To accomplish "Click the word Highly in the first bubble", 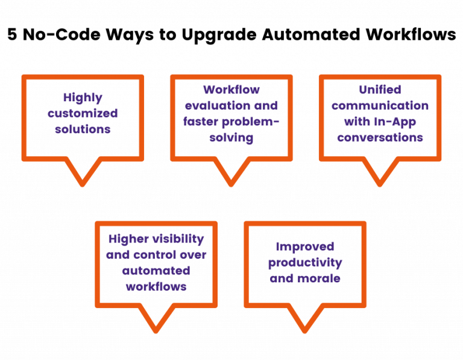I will tap(83, 97).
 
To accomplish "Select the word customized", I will tap(83, 113).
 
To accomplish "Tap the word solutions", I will tap(83, 129).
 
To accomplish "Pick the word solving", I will tap(231, 137).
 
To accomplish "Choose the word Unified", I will tap(380, 90).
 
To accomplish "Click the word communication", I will tap(380, 106).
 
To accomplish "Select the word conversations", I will tap(380, 137).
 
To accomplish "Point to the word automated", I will tap(156, 271).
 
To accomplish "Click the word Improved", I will tap(305, 247).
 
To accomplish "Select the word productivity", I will tap(305, 263).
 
